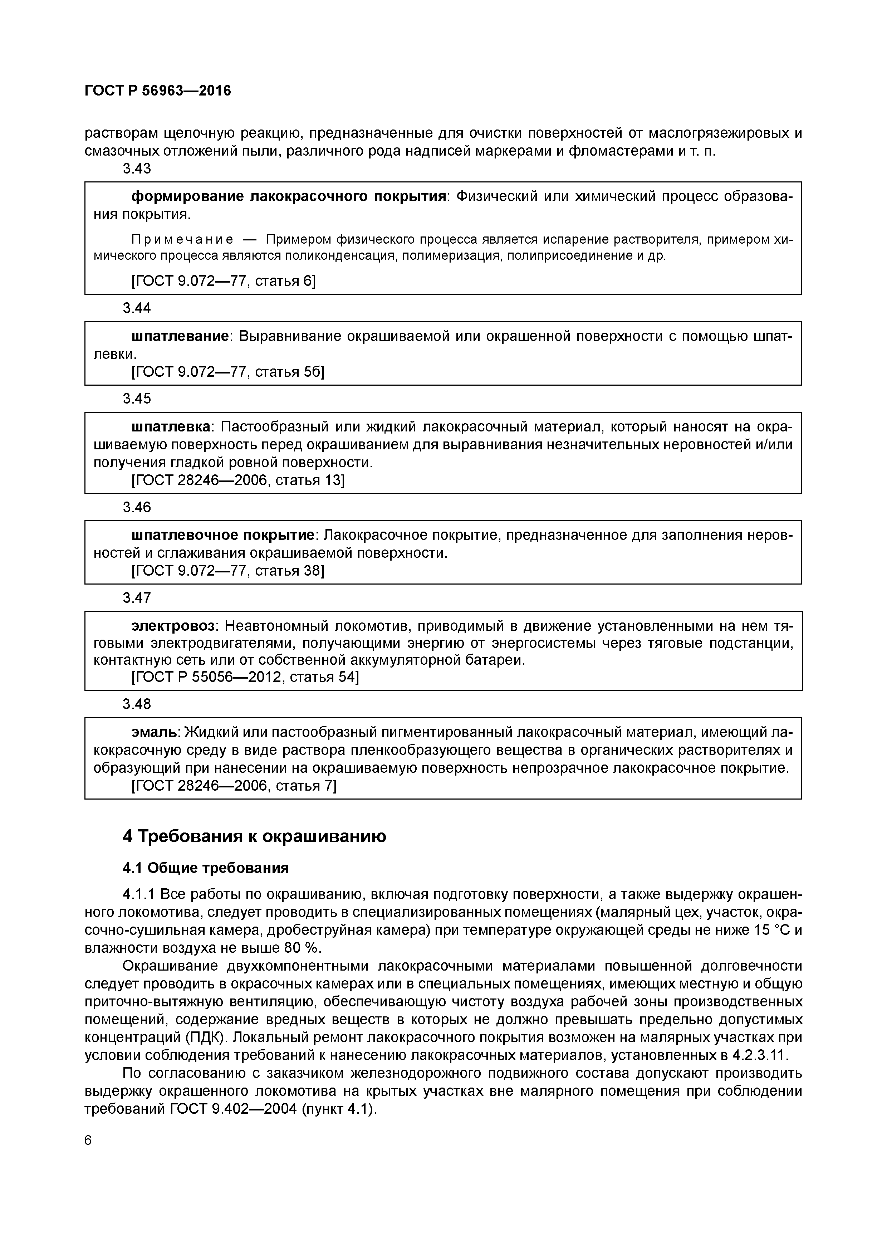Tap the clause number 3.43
point(137,169)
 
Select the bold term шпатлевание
point(180,336)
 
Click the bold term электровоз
point(174,625)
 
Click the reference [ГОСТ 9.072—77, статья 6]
point(224,281)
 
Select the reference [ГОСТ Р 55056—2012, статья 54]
point(245,677)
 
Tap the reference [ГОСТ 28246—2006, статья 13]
point(238,480)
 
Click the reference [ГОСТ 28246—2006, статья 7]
point(234,786)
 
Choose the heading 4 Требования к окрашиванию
point(254,837)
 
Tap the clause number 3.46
point(137,507)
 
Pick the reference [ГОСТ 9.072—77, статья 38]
point(228,571)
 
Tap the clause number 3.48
point(137,704)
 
